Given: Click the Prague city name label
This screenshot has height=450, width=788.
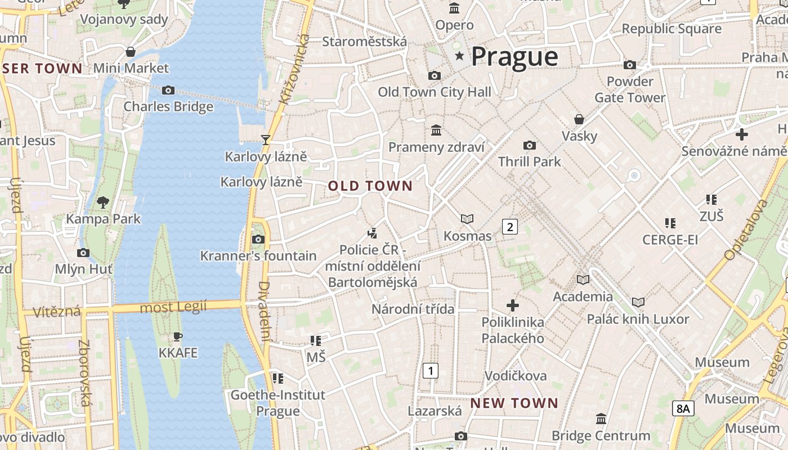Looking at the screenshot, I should pos(514,56).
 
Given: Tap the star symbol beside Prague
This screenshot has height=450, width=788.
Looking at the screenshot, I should pos(460,56).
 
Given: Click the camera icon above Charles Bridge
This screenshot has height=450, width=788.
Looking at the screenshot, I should pos(168,90).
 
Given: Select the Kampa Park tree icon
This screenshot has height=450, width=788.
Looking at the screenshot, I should pos(103,202).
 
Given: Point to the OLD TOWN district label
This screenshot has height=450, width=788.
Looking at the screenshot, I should pos(370,186).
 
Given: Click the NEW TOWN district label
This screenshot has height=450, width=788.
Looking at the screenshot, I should pos(514,403).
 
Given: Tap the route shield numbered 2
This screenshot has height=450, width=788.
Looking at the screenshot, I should pos(509,227).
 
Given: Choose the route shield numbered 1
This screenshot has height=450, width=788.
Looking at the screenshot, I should pos(431,371).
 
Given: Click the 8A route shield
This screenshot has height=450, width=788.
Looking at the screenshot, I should pos(683,408).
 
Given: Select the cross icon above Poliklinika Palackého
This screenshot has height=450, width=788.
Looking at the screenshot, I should pos(513,305).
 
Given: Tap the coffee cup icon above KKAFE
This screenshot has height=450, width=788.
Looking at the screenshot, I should pos(178,337).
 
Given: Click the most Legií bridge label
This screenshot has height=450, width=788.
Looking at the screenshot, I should pos(173,307).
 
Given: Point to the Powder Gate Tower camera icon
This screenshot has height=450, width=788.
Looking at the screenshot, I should pos(630,65).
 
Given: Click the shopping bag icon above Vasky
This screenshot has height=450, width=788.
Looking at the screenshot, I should pos(579,119).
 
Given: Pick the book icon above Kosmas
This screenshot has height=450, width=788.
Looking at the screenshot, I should pos(467,219).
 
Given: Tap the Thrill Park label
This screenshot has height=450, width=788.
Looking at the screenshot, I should pos(529,162).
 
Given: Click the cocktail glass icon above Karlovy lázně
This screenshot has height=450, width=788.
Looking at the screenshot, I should pos(266,139).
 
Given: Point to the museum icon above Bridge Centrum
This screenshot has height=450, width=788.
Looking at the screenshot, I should pos(601,419).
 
